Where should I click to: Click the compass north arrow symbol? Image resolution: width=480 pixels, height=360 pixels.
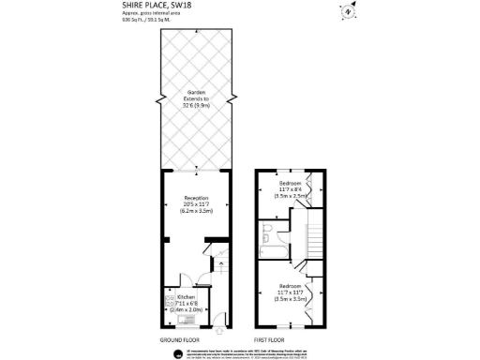click(349, 12)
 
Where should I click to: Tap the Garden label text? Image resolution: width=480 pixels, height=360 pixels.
click(195, 92)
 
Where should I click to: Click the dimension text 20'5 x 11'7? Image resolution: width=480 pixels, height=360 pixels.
click(195, 204)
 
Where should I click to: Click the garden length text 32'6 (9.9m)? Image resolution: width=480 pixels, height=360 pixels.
click(195, 104)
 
